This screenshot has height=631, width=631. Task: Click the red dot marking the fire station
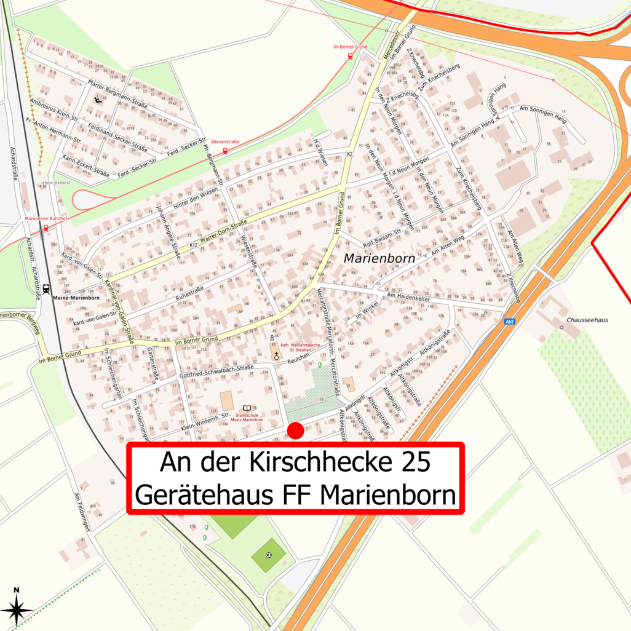(x=296, y=431)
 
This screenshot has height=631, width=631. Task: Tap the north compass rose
(x=17, y=609)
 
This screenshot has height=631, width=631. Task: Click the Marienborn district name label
(x=379, y=259)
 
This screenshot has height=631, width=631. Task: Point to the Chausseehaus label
(x=589, y=320)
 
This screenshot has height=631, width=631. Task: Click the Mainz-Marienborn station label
(x=76, y=298)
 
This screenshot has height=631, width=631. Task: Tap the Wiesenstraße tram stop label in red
(x=224, y=141)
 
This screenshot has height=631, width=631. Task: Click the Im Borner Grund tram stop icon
(x=351, y=56)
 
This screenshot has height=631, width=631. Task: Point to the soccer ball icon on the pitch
(x=269, y=555)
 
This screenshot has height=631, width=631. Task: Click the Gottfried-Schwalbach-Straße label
(x=216, y=372)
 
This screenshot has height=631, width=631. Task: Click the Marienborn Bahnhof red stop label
(x=44, y=220)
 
